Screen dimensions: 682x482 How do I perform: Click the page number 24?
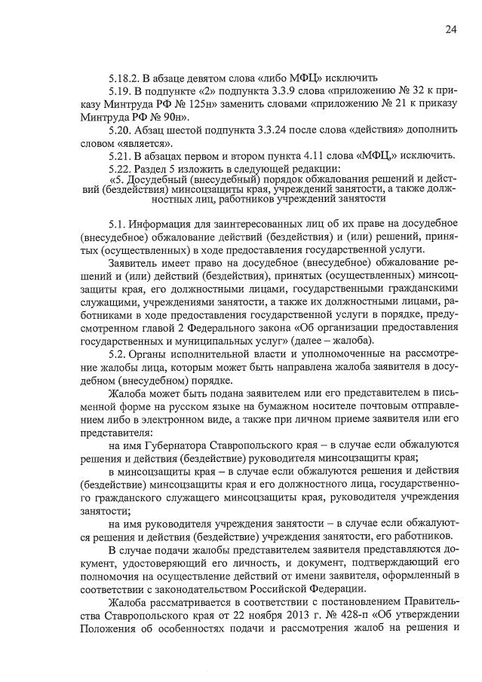click(x=450, y=29)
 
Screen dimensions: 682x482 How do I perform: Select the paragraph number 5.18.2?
click(x=125, y=78)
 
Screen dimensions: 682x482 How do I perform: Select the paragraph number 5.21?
click(x=121, y=156)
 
